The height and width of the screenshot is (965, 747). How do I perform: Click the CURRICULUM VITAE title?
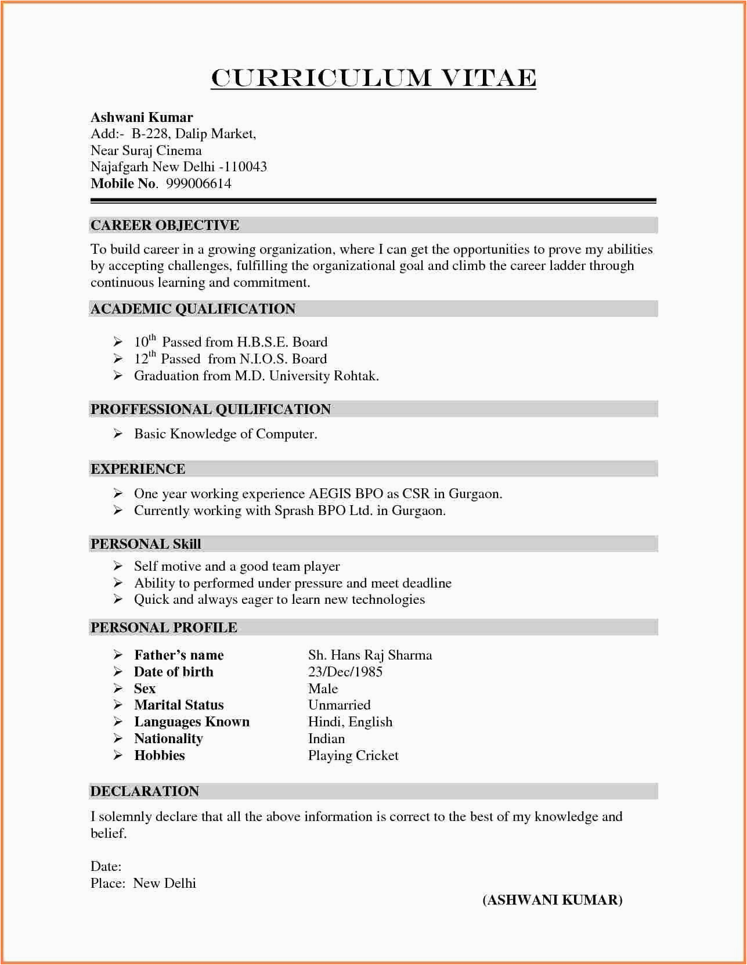click(373, 78)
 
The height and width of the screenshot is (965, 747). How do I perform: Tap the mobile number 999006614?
click(199, 183)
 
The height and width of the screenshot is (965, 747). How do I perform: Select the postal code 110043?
click(246, 167)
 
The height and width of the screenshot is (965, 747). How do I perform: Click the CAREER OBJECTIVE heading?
click(165, 225)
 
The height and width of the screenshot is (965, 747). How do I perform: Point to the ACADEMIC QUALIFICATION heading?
click(193, 309)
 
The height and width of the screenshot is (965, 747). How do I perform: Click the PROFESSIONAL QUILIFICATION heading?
click(210, 409)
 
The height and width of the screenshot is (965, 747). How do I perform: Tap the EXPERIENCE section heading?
click(138, 469)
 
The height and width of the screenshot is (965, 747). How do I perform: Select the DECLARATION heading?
click(145, 791)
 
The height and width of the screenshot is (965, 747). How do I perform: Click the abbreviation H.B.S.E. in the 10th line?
click(262, 342)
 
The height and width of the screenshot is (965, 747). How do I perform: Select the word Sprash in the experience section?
click(294, 511)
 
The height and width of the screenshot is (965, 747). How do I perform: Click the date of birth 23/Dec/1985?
click(345, 672)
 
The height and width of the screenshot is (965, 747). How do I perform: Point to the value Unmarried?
click(339, 705)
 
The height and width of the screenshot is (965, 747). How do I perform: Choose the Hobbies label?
click(159, 755)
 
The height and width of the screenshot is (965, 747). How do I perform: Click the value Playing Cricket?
click(353, 755)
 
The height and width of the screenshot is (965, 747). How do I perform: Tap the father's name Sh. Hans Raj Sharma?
click(370, 655)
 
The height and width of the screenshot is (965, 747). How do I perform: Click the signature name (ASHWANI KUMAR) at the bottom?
click(552, 900)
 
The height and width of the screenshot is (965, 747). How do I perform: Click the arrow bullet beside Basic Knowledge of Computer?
click(118, 434)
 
